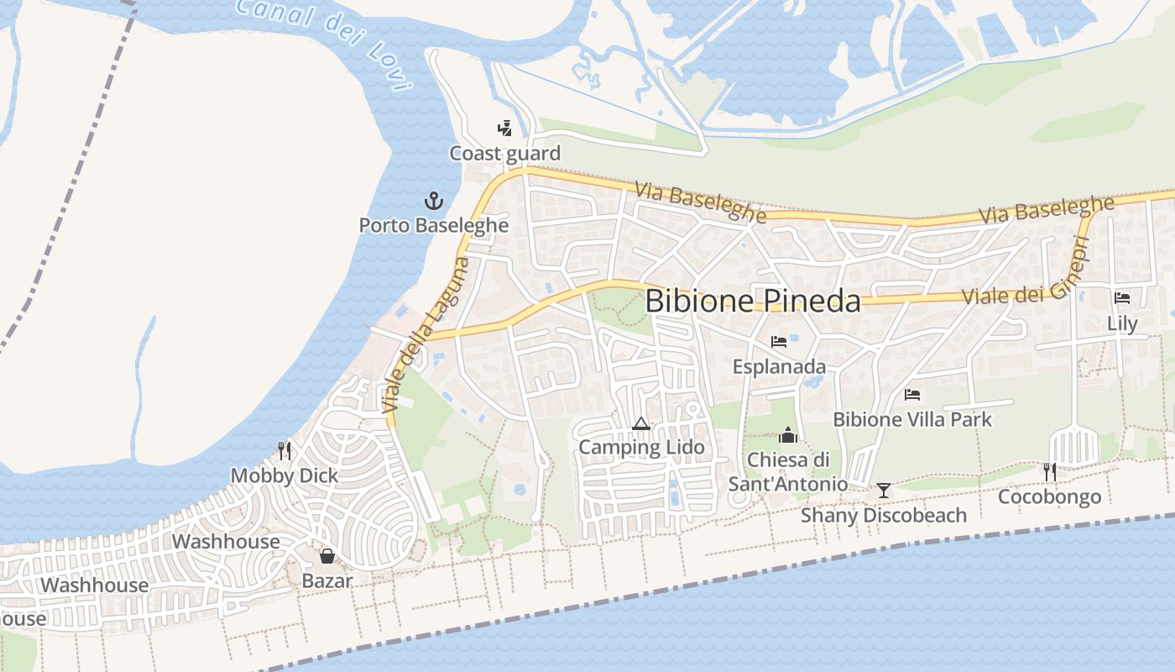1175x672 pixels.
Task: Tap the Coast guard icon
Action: coord(504,129)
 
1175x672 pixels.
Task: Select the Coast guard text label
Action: coord(504,154)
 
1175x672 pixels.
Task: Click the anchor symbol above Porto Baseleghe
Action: coord(433,201)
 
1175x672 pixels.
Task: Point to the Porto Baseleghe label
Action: coord(433,225)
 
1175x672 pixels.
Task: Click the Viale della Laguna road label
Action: coord(426,336)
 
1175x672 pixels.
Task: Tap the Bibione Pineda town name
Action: coord(753,302)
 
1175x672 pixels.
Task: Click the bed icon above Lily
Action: coord(1122,298)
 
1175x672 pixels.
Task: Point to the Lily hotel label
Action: coord(1122,323)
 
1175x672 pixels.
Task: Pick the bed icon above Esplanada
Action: coord(779,342)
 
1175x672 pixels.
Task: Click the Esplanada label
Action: coord(779,367)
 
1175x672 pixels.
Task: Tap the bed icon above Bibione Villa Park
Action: coord(912,394)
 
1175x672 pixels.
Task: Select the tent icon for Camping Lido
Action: coord(640,423)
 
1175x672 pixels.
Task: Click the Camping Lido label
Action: coord(641,448)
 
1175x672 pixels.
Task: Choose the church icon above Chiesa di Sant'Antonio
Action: coord(787,435)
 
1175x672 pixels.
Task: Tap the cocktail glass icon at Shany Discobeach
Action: coord(883,491)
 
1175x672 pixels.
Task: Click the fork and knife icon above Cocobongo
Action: coord(1049,472)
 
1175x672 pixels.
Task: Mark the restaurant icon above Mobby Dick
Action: coord(285,451)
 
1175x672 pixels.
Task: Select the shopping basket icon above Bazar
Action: coord(327,556)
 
